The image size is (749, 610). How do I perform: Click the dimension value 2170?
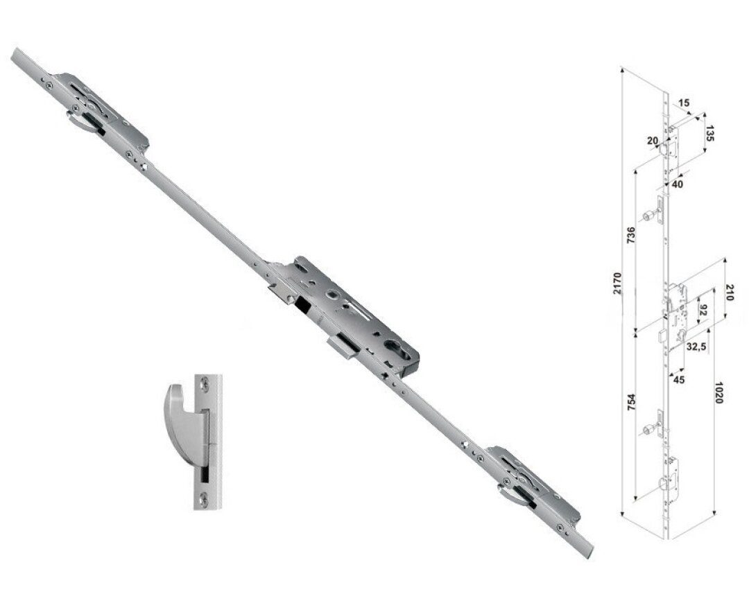tap(617, 285)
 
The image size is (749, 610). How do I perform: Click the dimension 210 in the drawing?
tap(729, 292)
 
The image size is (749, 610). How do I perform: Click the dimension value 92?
tap(702, 309)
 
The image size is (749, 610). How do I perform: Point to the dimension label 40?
tap(677, 184)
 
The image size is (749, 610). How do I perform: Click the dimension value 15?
tap(684, 103)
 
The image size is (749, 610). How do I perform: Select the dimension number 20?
tap(651, 141)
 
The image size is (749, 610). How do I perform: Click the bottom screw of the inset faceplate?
tap(205, 497)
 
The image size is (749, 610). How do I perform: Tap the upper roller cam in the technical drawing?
tap(648, 217)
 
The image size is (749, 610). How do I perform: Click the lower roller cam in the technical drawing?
tap(648, 430)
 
